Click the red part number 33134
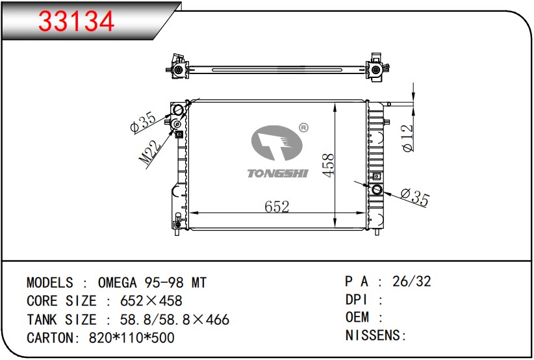tap(76, 21)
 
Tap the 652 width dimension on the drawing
tap(277, 207)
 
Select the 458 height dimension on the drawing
tap(328, 165)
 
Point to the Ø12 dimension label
tap(407, 138)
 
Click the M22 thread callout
tap(150, 152)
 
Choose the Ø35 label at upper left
tap(144, 122)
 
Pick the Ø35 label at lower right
tap(415, 196)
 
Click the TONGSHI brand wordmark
tap(277, 174)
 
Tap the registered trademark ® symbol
tap(303, 128)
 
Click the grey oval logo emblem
tap(277, 143)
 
